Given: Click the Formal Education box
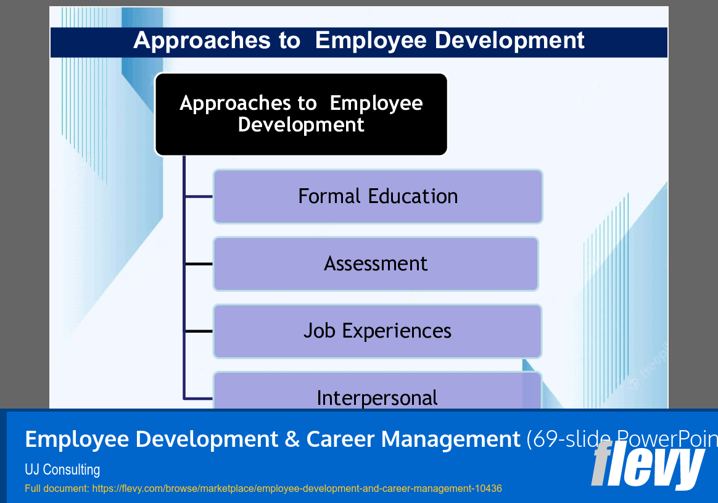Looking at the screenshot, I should tap(378, 196).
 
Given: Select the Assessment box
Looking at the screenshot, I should tap(376, 264).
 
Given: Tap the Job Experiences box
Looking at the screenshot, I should tap(378, 331).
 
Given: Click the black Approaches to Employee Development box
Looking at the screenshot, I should tap(301, 114).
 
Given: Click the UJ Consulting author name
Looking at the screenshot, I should tap(62, 470).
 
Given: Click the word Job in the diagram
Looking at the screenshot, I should tap(319, 331).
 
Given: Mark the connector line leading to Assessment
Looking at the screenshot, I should tap(199, 264).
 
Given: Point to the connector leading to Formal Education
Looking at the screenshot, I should tap(199, 197).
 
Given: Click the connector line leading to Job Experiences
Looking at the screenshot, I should tap(199, 331).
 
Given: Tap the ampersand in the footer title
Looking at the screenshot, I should tap(292, 439).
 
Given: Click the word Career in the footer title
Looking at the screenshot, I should tap(340, 439).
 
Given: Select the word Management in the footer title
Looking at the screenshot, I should tap(451, 439).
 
